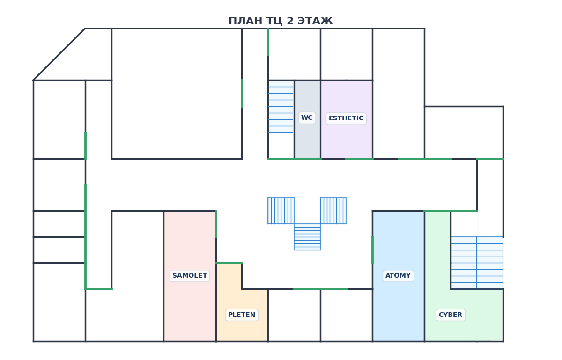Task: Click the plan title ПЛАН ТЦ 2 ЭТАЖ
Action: (281, 21)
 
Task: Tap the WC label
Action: (307, 118)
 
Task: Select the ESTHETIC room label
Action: (346, 118)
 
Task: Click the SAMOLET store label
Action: (190, 276)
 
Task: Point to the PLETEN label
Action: (242, 315)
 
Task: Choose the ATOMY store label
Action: (398, 276)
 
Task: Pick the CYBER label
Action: (450, 315)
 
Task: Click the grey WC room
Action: (307, 140)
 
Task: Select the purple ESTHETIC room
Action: (347, 140)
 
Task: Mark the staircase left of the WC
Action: (281, 107)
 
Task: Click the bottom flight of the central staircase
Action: (307, 237)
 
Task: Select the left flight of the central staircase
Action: (281, 211)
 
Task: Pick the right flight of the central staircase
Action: (333, 211)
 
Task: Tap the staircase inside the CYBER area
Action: (477, 263)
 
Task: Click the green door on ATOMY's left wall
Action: (372, 250)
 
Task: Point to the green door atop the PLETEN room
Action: (229, 263)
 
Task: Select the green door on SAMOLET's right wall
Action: (216, 224)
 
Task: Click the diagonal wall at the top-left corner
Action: (59, 54)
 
